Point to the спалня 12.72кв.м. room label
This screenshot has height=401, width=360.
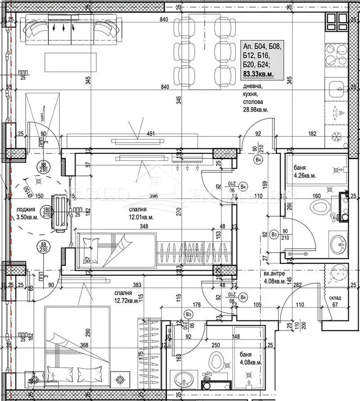pos(126,296)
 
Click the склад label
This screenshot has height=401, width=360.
pos(334,297)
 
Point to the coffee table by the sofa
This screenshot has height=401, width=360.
pos(71,62)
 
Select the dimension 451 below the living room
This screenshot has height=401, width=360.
pos(151,133)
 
